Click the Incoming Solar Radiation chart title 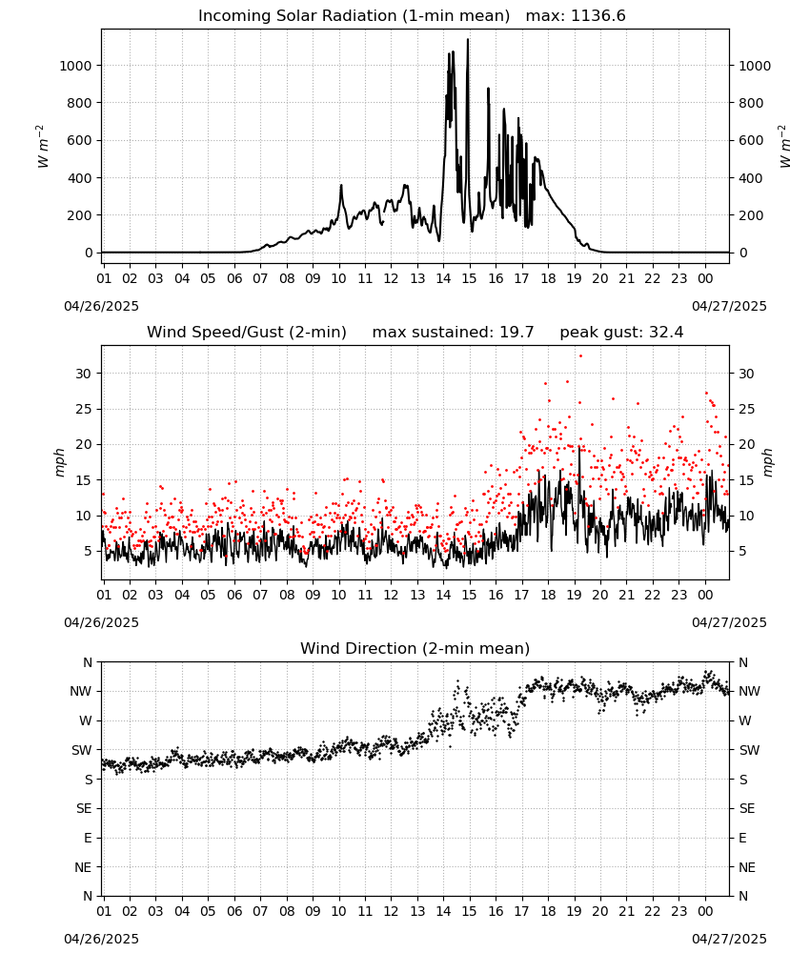click(354, 16)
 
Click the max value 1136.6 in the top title click(597, 16)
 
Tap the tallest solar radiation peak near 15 click(467, 40)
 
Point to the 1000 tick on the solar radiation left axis click(76, 66)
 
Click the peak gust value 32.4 click(667, 333)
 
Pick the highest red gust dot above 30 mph click(580, 356)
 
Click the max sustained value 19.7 click(517, 333)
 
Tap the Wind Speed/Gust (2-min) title click(247, 333)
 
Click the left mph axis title click(59, 462)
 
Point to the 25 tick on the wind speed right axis click(746, 409)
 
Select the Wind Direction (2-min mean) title click(415, 648)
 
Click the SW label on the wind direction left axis click(82, 750)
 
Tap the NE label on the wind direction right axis click(747, 867)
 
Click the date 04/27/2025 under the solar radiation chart click(729, 306)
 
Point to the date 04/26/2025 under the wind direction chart click(101, 939)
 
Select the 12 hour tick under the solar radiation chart click(391, 278)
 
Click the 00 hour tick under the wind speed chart click(705, 595)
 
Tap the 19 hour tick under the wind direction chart click(575, 911)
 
